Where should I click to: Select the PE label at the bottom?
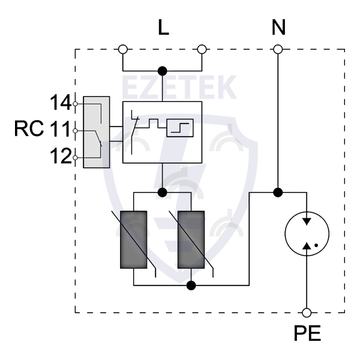tap(307, 334)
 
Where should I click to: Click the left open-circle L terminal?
tap(123, 49)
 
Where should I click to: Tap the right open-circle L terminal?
tap(202, 49)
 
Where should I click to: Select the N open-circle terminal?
tap(278, 49)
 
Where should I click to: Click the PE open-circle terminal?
tap(307, 312)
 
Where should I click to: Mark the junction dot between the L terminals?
tap(161, 70)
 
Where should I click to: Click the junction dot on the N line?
tap(278, 193)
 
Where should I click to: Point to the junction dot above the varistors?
tap(161, 193)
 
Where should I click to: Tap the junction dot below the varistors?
tap(191, 285)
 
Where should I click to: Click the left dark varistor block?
tap(134, 240)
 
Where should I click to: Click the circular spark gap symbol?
tap(307, 233)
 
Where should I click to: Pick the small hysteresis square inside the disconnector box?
tap(181, 127)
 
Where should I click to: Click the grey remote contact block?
tap(97, 132)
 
